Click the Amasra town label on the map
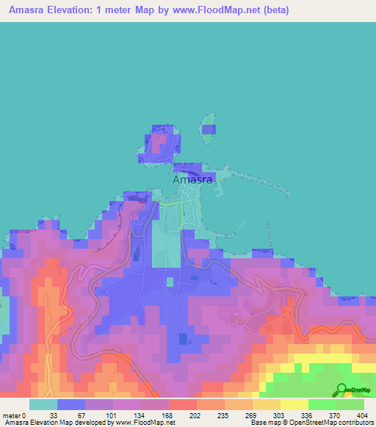pos(192,179)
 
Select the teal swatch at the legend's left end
pos(43,404)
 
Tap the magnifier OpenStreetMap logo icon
pos(341,389)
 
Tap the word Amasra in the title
pos(28,10)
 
